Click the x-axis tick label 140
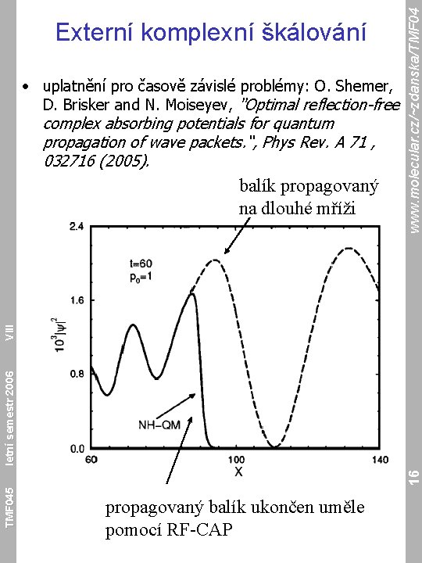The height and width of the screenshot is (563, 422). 380,460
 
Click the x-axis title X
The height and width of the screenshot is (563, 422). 238,472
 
